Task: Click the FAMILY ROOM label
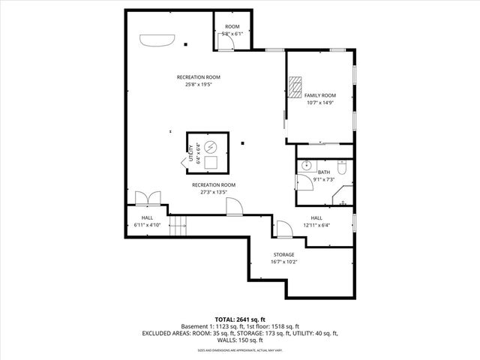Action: (319, 95)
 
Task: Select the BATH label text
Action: (323, 172)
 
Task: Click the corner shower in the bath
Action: (342, 199)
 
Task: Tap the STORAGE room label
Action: (283, 255)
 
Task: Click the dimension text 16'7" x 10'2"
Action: (283, 262)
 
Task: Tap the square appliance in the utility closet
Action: (211, 161)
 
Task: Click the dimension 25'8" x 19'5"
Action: (199, 84)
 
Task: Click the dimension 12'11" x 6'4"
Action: (316, 225)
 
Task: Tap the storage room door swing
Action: (284, 228)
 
